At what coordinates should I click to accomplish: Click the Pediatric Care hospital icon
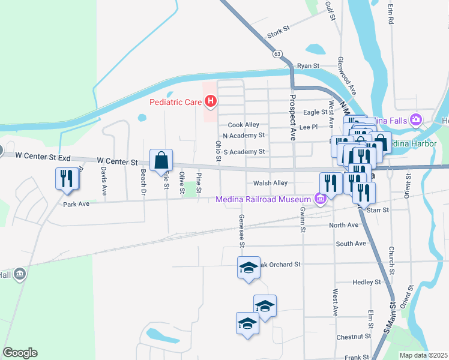click(x=210, y=102)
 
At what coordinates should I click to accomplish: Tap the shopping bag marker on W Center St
click(x=161, y=160)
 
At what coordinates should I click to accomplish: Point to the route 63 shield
click(x=277, y=53)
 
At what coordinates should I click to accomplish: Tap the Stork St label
click(x=279, y=31)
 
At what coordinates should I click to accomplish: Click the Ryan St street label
click(x=308, y=65)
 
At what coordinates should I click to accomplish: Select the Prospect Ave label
click(x=294, y=117)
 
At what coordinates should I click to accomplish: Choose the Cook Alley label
click(x=243, y=125)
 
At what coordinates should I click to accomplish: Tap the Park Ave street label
click(x=76, y=204)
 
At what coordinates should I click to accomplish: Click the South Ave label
click(x=351, y=244)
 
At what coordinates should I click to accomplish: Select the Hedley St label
click(x=367, y=282)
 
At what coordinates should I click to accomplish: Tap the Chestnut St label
click(x=351, y=337)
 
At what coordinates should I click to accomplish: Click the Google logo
click(x=20, y=353)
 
